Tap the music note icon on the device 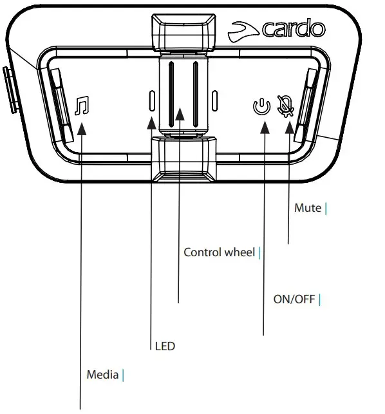pyautogui.click(x=81, y=106)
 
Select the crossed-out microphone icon pyautogui.click(x=283, y=106)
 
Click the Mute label pyautogui.click(x=307, y=208)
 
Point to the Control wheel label pyautogui.click(x=219, y=252)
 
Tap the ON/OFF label pyautogui.click(x=293, y=299)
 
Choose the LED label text pyautogui.click(x=165, y=346)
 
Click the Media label pyautogui.click(x=102, y=374)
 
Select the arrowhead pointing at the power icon pyautogui.click(x=263, y=127)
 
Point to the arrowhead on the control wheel pyautogui.click(x=180, y=115)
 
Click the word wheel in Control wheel pyautogui.click(x=239, y=252)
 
